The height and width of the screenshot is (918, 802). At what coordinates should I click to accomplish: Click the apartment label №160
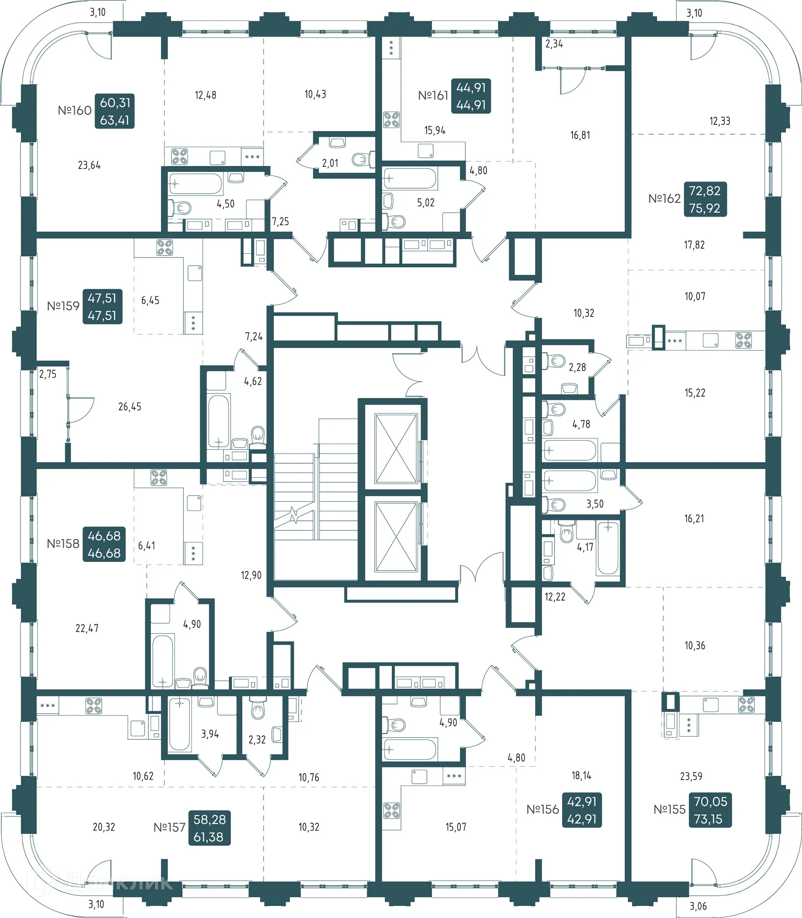coord(74,110)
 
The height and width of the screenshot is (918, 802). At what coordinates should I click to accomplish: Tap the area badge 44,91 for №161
coord(471,96)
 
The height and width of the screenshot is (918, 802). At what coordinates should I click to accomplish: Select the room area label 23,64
coord(89,165)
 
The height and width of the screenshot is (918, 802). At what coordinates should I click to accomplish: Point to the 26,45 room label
coord(130,407)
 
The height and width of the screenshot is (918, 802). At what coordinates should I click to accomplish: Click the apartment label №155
coord(669,810)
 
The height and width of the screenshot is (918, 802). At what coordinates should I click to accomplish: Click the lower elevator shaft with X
coord(396,537)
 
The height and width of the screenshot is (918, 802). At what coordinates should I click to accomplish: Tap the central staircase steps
coord(316,497)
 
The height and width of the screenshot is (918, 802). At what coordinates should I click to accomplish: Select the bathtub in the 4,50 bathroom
coord(195,184)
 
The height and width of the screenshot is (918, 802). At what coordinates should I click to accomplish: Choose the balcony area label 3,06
coord(698,906)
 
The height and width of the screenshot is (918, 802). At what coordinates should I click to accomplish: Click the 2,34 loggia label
coord(554,44)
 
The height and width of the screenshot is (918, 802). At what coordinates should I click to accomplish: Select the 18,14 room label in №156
coord(581,775)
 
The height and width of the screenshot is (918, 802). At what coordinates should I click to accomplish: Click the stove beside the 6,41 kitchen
coord(159,477)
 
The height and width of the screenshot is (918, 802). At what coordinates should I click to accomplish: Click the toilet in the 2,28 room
coord(556,360)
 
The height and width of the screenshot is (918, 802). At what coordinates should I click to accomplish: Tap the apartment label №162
coord(664,199)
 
